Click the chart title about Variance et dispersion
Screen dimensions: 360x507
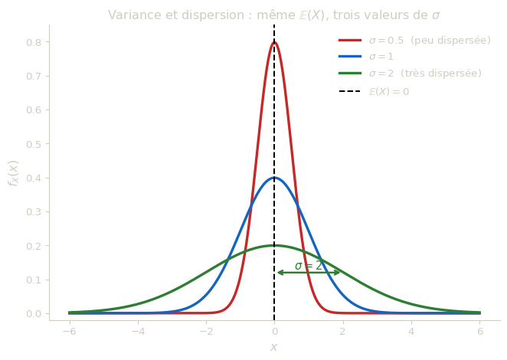pyautogui.click(x=273, y=15)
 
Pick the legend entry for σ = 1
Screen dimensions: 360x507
pyautogui.click(x=380, y=57)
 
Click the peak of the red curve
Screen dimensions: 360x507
pyautogui.click(x=274, y=42)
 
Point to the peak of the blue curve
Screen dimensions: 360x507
pyautogui.click(x=274, y=178)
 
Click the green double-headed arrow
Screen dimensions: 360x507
pyautogui.click(x=309, y=272)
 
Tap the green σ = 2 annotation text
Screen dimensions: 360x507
pyautogui.click(x=309, y=265)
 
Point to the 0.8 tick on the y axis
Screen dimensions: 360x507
pyautogui.click(x=34, y=42)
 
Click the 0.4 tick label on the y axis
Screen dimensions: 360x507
pyautogui.click(x=34, y=178)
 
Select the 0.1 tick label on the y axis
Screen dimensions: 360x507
pyautogui.click(x=34, y=280)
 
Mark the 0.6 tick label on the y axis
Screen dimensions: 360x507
pyautogui.click(x=34, y=110)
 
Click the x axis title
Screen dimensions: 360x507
pyautogui.click(x=273, y=347)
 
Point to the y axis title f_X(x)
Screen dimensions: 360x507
pyautogui.click(x=13, y=174)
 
